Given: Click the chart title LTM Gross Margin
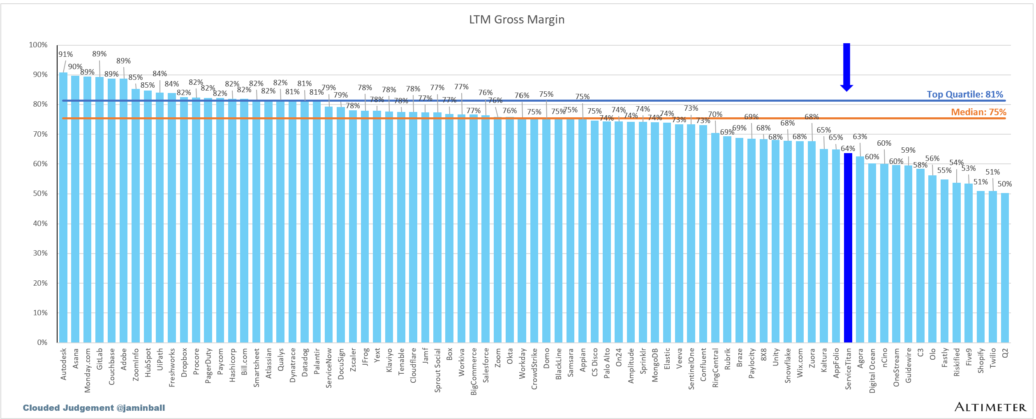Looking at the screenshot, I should [517, 20].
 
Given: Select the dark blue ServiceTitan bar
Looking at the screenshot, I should [848, 247].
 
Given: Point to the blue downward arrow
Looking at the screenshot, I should [846, 66].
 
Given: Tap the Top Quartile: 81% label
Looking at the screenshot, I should [965, 94].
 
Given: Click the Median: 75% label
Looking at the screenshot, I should [978, 112].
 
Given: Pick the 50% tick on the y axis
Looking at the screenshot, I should [40, 193].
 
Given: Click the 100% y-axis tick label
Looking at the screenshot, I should [38, 45].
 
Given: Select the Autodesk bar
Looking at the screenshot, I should [63, 206].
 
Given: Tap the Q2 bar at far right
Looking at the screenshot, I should [1005, 268].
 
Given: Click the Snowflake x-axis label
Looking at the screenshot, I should [788, 365].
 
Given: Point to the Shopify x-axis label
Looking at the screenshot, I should [981, 361].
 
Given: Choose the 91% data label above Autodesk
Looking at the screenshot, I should [65, 54].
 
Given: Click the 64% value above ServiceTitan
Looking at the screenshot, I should [848, 149].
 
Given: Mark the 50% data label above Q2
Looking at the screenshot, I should [1005, 184].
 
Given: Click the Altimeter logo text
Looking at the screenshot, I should [990, 407].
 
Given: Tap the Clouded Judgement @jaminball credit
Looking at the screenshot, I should [94, 408].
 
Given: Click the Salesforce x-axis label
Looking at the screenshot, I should [486, 365].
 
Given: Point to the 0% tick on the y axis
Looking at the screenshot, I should [42, 342].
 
